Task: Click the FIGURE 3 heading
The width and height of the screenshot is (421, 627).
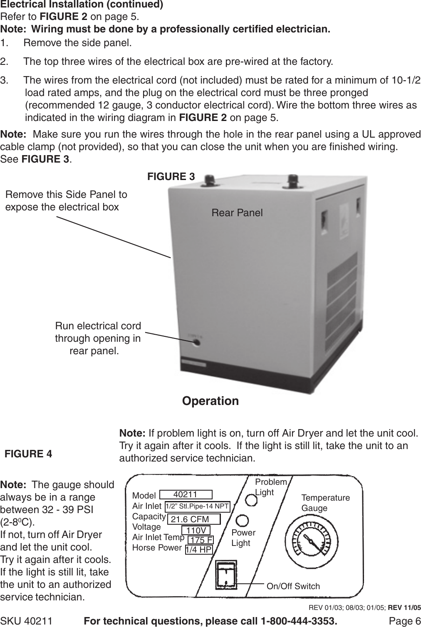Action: tap(171, 176)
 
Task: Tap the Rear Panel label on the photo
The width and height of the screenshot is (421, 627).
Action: tap(237, 213)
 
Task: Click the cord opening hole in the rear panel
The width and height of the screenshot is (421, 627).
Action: tap(196, 343)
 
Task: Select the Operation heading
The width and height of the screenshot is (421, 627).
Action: tap(210, 401)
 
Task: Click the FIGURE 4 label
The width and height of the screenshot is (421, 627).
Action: tap(28, 454)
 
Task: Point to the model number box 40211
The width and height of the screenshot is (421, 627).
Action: tap(186, 494)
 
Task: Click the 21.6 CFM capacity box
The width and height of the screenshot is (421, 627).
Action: tap(193, 520)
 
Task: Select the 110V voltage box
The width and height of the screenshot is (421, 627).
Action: tap(196, 531)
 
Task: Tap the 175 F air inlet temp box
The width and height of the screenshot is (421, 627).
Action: tap(201, 540)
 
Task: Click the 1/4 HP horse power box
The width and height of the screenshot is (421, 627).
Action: tap(198, 550)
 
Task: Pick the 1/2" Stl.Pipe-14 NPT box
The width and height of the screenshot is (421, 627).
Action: tap(197, 506)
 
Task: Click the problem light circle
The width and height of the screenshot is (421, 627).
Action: tap(251, 500)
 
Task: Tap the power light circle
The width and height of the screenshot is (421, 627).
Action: tap(242, 521)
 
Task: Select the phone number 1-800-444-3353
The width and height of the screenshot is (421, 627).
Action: tap(297, 621)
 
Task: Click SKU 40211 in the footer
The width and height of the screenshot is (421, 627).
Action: tap(27, 621)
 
